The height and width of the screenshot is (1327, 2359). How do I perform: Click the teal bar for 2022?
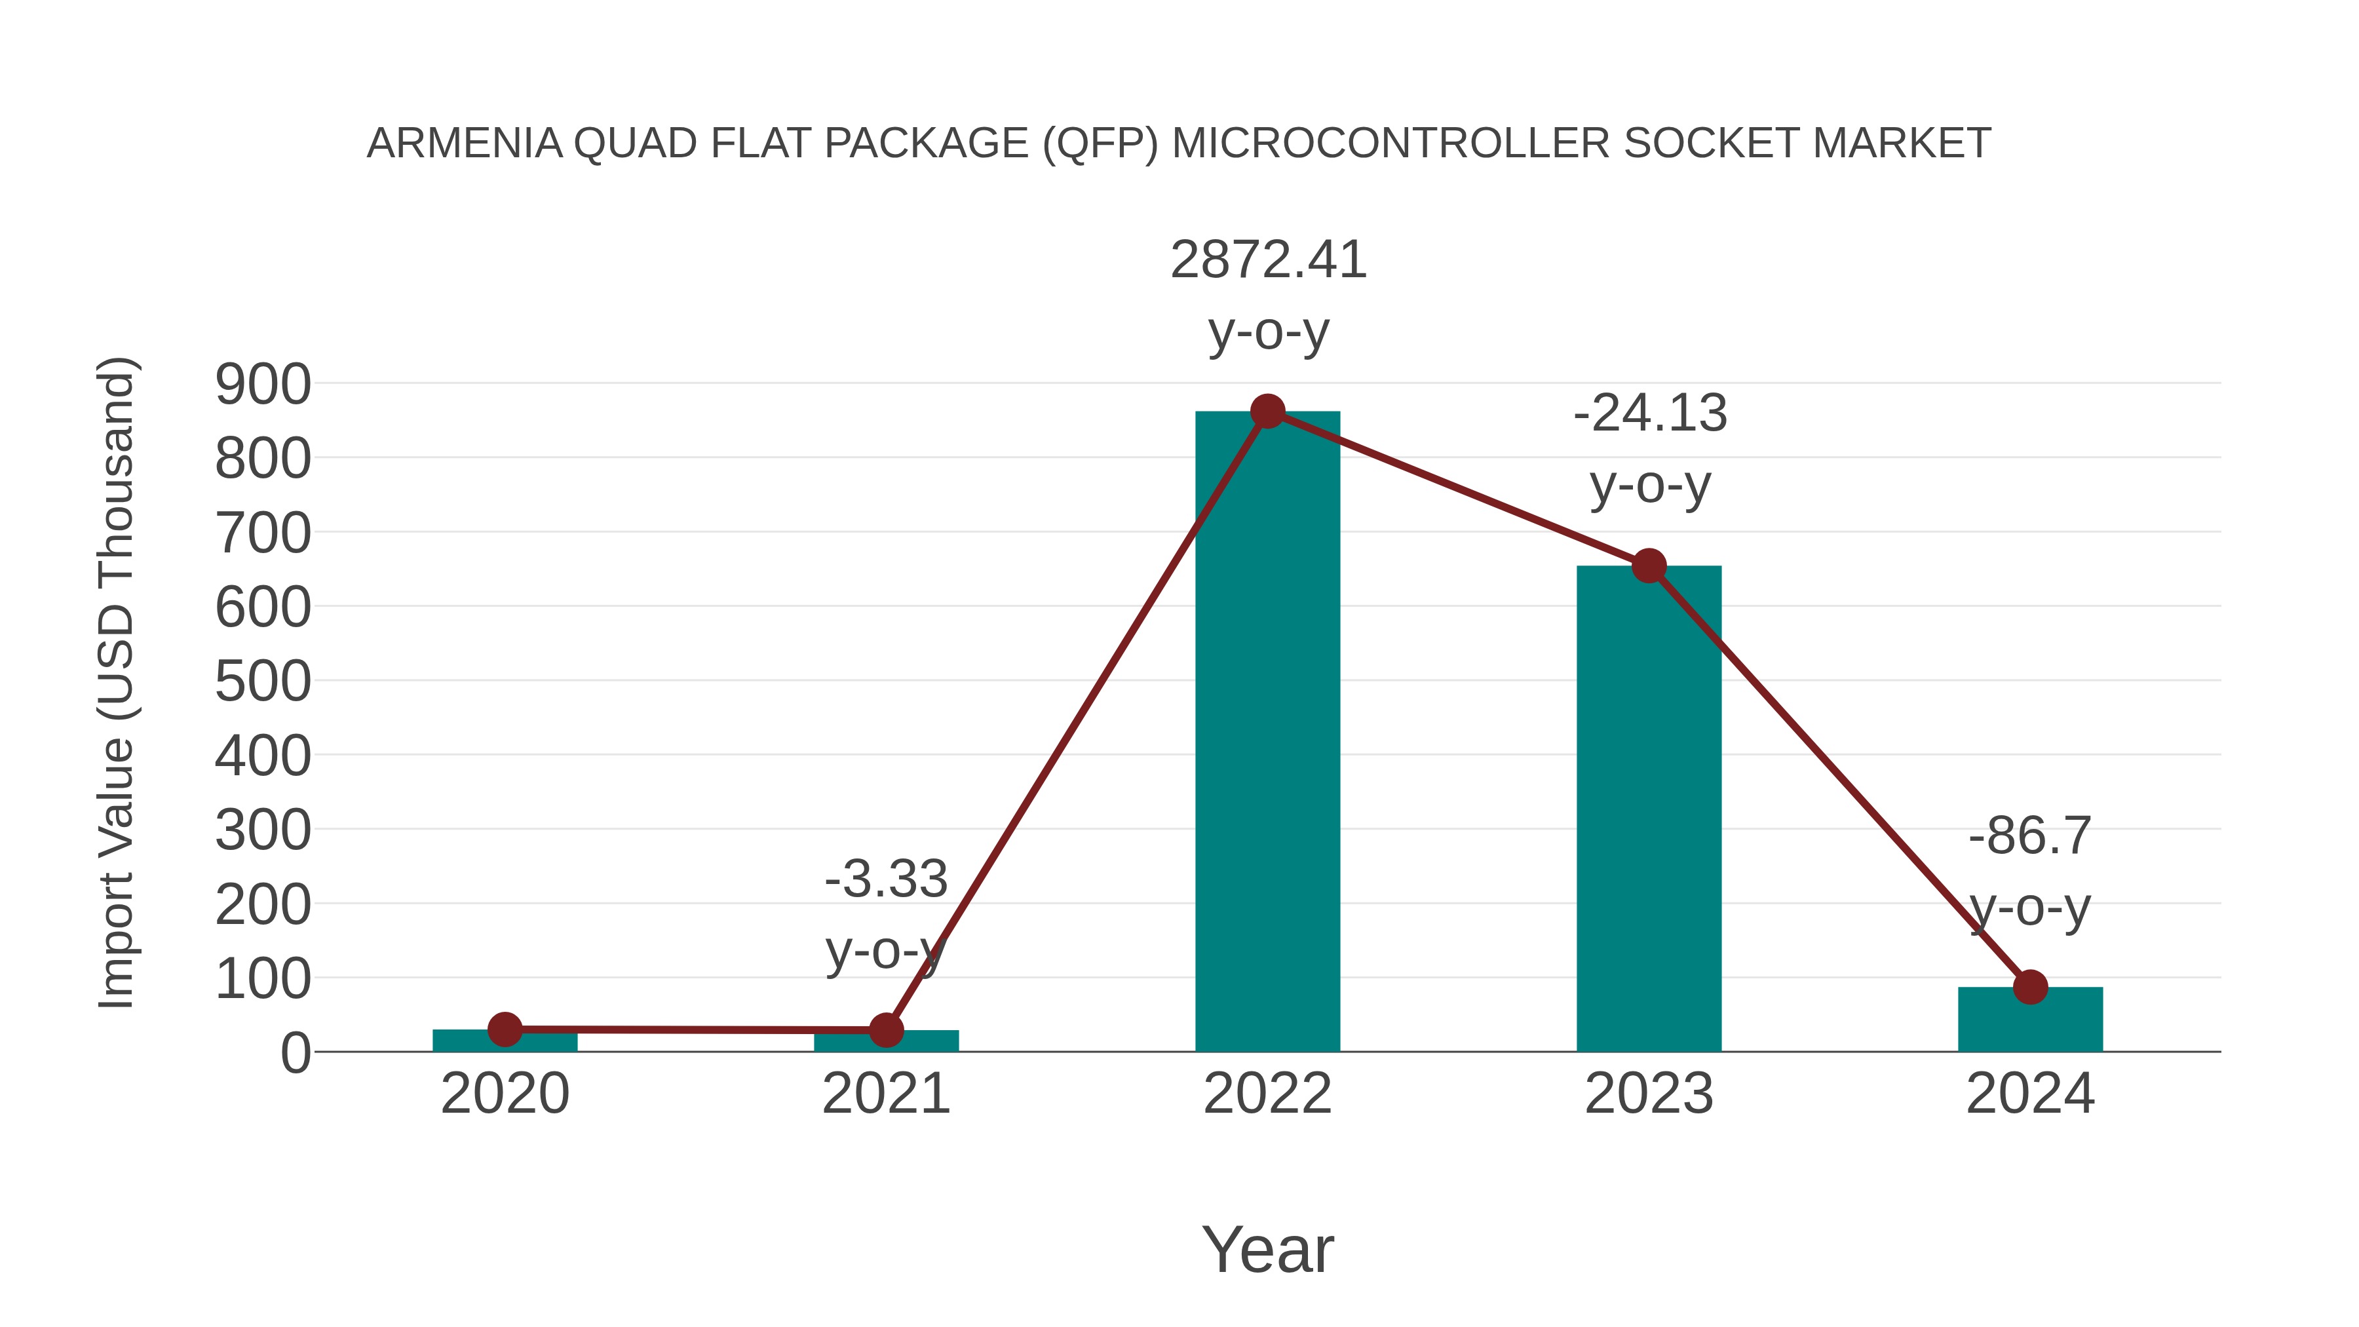pos(1267,733)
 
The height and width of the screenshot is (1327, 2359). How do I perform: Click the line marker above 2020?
pos(505,1029)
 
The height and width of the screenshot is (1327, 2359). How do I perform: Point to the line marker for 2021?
pos(885,1030)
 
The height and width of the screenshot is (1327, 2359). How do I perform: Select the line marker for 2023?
pos(1649,566)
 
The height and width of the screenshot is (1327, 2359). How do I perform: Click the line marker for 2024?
pos(2030,988)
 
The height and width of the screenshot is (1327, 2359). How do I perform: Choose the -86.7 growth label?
pos(2030,836)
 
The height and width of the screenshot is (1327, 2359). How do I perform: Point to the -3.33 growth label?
pos(885,879)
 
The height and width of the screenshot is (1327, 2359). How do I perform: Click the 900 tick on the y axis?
pos(263,385)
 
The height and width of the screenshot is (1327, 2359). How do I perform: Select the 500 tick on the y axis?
pos(263,682)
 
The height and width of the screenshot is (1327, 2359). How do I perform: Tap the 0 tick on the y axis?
pos(295,1053)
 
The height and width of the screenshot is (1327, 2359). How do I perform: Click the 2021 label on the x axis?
pos(885,1094)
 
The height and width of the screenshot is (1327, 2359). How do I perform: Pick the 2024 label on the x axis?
pos(2030,1094)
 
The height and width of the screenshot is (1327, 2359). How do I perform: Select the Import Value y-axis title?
pos(116,682)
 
